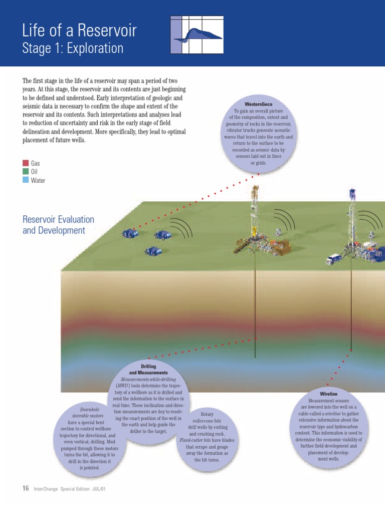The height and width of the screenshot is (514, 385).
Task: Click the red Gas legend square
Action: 26,163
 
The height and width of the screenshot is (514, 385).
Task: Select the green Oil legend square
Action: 26,171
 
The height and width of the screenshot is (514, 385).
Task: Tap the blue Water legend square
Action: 26,180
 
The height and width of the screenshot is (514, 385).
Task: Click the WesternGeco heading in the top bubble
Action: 259,104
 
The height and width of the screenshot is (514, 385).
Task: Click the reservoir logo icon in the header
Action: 197,34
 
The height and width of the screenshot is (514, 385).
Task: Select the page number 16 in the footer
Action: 26,488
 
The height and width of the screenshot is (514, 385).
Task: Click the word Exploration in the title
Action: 94,48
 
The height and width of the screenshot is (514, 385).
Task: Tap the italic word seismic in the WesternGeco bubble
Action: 264,150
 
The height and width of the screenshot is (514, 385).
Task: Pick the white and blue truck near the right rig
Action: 334,259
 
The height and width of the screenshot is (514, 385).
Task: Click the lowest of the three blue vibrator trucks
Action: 152,251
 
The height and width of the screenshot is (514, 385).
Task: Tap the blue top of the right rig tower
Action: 352,193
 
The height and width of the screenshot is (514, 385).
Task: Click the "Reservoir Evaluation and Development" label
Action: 59,225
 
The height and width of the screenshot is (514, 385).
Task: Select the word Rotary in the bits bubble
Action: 207,415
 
